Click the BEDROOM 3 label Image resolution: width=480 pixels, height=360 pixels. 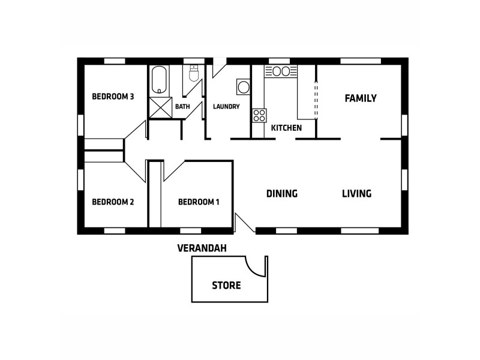tap(112, 97)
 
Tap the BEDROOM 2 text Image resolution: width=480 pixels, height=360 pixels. tap(112, 202)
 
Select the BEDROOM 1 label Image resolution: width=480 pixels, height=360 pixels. tap(198, 202)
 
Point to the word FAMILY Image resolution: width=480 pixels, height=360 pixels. tap(360, 98)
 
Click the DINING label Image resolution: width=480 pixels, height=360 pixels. tap(282, 194)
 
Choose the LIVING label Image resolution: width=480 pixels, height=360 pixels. tap(356, 194)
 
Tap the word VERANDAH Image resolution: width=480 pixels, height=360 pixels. tap(202, 248)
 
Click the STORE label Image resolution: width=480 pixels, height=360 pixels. tap(226, 286)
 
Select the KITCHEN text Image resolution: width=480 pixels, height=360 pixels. tap(286, 128)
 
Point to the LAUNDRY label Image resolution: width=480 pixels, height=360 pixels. tap(226, 107)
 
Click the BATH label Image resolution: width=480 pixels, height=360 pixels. tap(182, 107)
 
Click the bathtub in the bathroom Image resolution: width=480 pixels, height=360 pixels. tap(159, 80)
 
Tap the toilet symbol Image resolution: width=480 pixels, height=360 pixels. tap(194, 73)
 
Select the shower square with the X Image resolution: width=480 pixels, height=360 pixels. tap(160, 107)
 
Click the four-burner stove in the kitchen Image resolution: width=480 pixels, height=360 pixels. tap(259, 115)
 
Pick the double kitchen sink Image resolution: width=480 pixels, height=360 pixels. tap(281, 71)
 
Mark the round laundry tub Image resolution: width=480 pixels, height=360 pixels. tap(244, 88)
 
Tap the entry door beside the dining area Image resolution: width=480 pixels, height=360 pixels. tap(244, 223)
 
